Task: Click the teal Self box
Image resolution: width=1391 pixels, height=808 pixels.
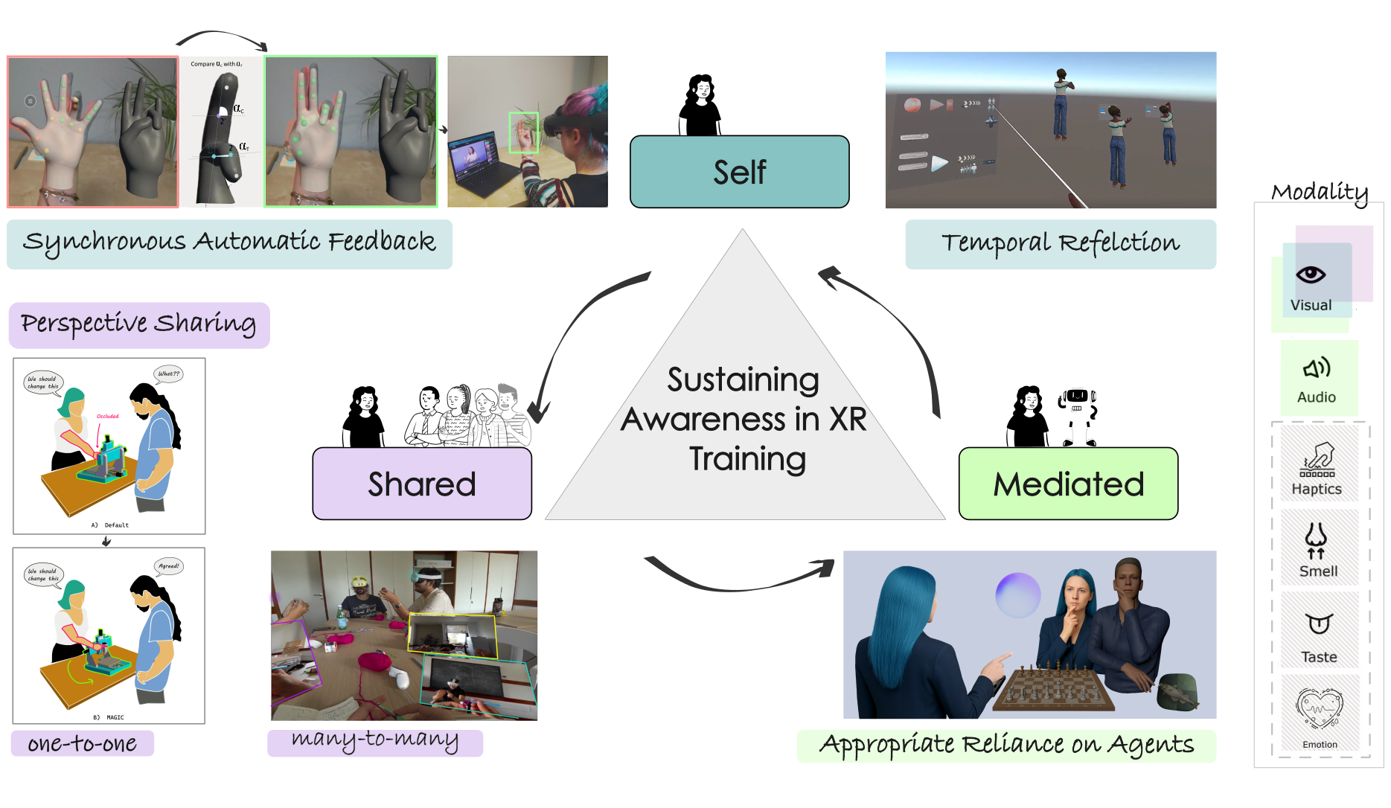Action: tap(739, 172)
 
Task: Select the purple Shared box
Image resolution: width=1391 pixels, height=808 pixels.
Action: tap(422, 484)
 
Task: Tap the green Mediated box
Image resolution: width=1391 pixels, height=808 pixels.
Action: tap(1068, 484)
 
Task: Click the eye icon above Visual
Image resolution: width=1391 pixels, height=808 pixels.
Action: tap(1311, 275)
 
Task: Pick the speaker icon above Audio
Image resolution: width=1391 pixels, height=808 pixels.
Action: tap(1317, 368)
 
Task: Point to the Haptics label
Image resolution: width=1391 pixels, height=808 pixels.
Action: tap(1317, 489)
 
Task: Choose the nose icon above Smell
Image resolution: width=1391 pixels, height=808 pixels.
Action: tap(1316, 539)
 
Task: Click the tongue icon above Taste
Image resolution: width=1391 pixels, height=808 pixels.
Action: tap(1319, 623)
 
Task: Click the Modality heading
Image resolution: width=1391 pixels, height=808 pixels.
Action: tap(1320, 193)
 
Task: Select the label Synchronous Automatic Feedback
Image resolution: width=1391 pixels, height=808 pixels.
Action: tap(229, 243)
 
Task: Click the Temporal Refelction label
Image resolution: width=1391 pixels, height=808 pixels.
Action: tap(1061, 243)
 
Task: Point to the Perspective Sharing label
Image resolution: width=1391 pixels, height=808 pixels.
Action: tap(138, 324)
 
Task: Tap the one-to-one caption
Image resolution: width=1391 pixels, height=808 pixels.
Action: tap(82, 743)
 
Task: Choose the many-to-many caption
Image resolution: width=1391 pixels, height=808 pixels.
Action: tap(374, 740)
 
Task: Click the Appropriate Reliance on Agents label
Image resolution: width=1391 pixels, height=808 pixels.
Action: tap(1006, 745)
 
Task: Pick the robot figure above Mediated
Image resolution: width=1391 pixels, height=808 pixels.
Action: tap(1078, 417)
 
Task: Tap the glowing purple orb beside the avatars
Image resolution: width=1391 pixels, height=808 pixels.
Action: tap(1017, 594)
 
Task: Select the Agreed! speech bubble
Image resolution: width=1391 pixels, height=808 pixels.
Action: tap(169, 566)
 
